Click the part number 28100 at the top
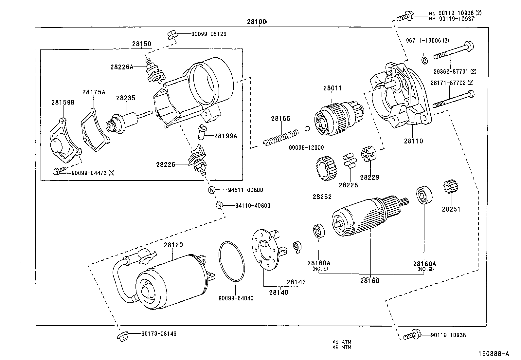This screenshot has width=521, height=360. (x=257, y=22)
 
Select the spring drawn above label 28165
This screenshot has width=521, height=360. (x=281, y=137)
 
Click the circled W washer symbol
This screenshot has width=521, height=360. (x=212, y=190)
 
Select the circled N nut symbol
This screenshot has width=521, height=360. (x=220, y=206)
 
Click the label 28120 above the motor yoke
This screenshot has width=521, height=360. (x=173, y=245)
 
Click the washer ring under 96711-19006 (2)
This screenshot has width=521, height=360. (x=424, y=60)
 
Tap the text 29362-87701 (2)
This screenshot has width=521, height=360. (x=455, y=71)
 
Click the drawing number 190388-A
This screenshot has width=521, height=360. (x=494, y=353)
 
